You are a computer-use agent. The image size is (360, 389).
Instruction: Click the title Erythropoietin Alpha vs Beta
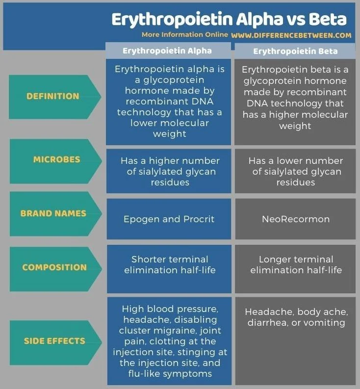(229, 20)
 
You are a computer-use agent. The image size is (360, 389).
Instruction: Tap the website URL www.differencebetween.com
(291, 35)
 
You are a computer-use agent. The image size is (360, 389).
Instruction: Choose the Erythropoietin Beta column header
(295, 52)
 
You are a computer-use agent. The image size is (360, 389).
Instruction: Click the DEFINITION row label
(53, 96)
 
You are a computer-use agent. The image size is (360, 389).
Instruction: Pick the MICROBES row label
(57, 159)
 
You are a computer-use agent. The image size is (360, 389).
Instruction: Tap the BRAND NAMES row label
(53, 213)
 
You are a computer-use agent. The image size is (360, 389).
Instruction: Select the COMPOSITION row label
(54, 267)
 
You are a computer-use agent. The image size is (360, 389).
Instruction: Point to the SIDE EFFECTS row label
(54, 341)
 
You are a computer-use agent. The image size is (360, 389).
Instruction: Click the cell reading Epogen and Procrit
(169, 219)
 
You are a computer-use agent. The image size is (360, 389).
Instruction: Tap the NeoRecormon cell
(295, 219)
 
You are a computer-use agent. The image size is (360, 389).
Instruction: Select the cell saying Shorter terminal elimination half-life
(169, 269)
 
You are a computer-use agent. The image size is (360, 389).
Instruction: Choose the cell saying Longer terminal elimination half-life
(295, 269)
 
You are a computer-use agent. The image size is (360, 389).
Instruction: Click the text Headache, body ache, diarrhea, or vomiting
(296, 317)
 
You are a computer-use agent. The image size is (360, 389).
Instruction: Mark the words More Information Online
(185, 34)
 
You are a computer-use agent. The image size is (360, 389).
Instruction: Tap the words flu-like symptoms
(170, 374)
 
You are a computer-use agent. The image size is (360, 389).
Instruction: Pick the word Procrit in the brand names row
(199, 219)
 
